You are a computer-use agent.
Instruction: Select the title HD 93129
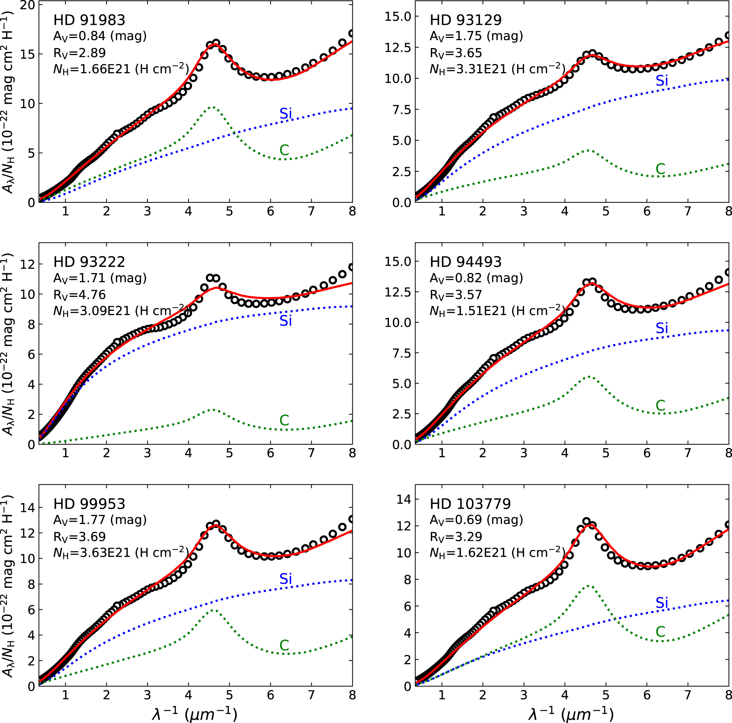tap(465, 20)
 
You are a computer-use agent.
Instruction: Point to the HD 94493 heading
tap(465, 262)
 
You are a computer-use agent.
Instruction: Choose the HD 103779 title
tap(470, 504)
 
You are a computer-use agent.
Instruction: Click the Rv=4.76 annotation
tap(79, 295)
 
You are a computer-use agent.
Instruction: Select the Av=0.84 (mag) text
tap(100, 36)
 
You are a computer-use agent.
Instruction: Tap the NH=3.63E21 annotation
tap(121, 553)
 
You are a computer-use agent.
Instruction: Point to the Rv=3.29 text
tap(456, 537)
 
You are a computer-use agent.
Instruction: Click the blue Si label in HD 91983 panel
tap(286, 114)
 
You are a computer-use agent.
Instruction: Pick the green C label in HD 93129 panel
tap(661, 169)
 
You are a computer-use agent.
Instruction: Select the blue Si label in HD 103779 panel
tap(662, 603)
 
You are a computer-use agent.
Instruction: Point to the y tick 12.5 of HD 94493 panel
tap(397, 292)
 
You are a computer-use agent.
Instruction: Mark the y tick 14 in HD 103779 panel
tap(404, 499)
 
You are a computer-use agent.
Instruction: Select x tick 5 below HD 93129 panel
tap(605, 211)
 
